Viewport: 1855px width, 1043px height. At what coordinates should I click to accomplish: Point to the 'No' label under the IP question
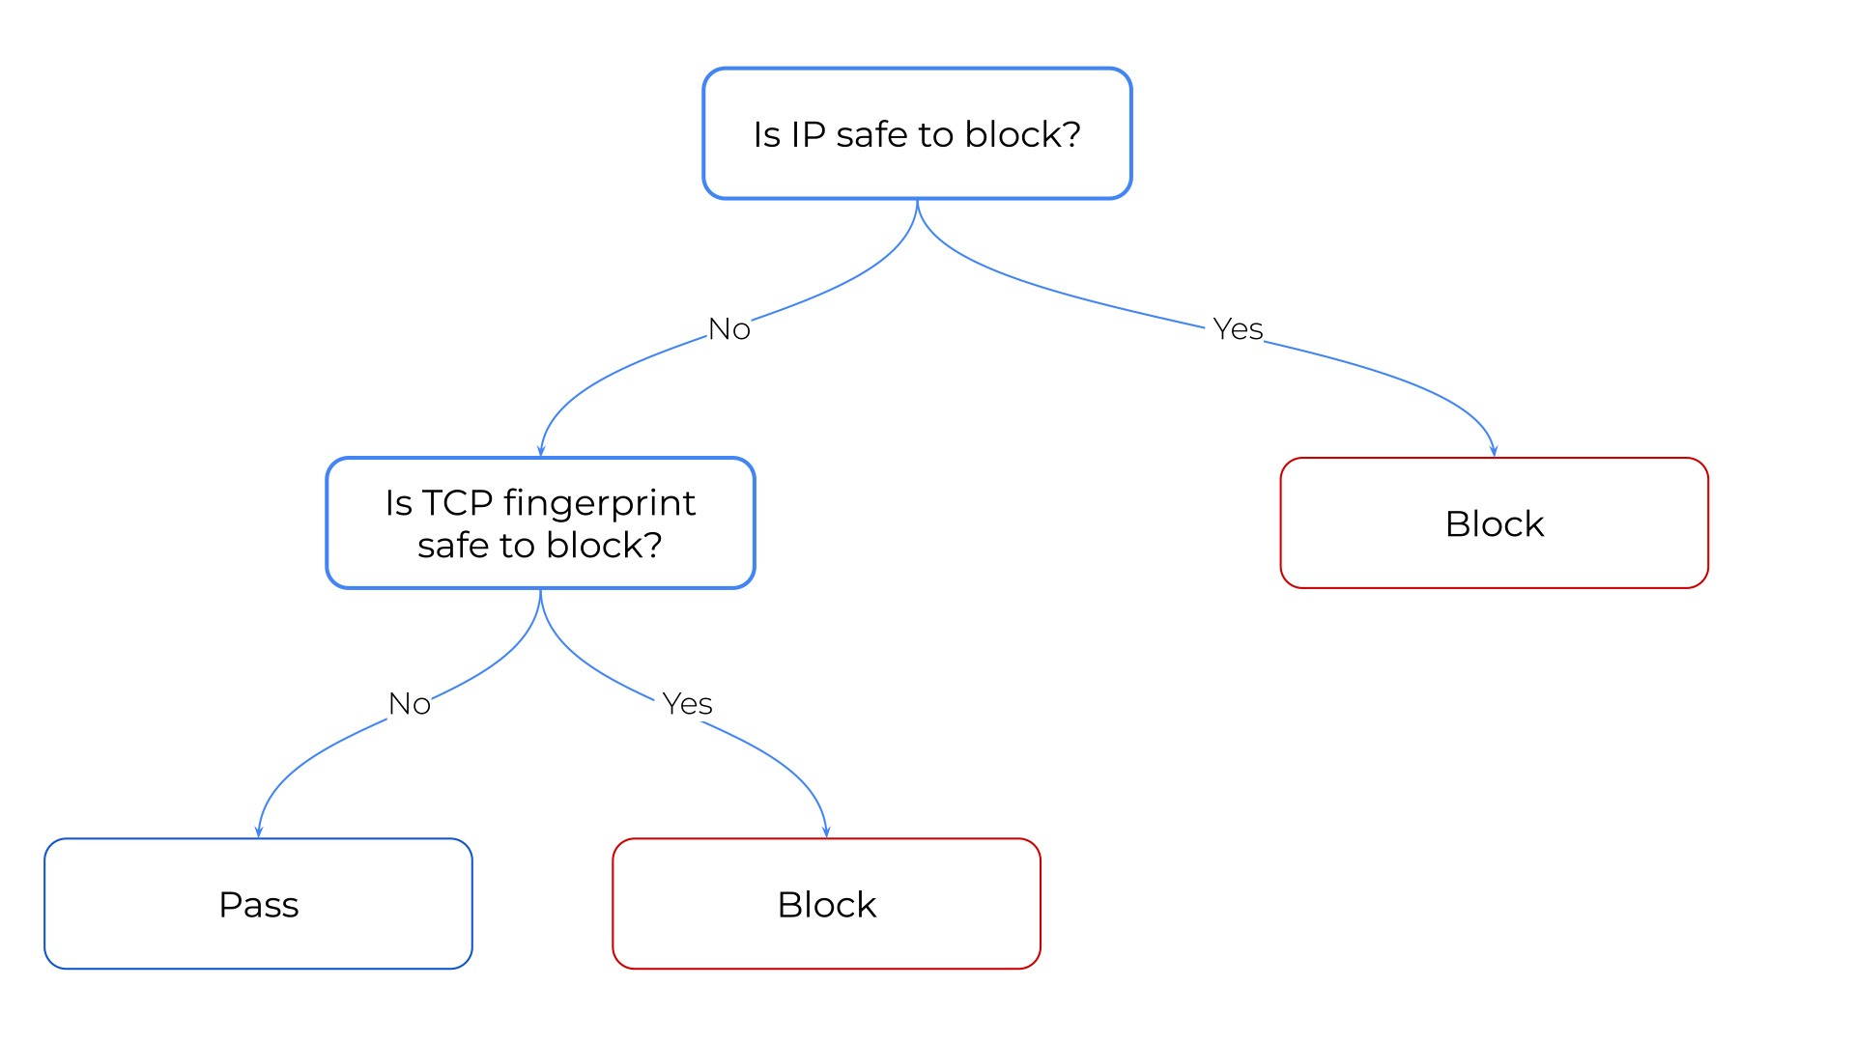coord(728,329)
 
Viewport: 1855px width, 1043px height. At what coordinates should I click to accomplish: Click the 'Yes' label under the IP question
coord(1237,329)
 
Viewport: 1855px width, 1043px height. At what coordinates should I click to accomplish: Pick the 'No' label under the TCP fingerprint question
coord(409,704)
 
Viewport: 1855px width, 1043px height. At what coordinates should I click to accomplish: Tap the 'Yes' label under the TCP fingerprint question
coord(687,704)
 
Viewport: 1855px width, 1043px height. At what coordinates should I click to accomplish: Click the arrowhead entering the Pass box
coord(258,832)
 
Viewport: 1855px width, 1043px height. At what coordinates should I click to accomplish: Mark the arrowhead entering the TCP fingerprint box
coord(541,451)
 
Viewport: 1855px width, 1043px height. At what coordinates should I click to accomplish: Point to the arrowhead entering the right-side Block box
coord(1494,451)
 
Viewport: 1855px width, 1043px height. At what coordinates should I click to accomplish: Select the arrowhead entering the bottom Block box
coord(826,832)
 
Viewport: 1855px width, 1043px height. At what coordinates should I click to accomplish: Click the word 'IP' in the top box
coord(808,135)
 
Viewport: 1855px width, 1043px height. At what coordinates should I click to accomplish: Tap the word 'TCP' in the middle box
coord(458,503)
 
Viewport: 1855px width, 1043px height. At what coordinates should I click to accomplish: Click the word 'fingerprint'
coord(599,503)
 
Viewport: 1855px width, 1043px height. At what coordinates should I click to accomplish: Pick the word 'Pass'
coord(258,905)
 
